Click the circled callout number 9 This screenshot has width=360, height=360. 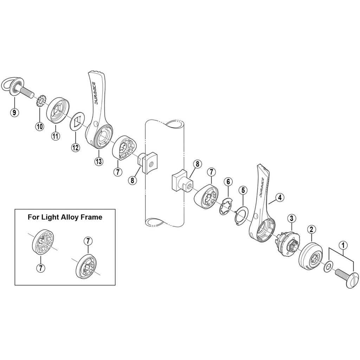pos(14,112)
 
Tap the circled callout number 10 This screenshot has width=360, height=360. pos(39,126)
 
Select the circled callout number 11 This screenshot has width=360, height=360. pos(55,136)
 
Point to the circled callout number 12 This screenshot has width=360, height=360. pos(76,147)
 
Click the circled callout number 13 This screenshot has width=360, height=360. pos(99,161)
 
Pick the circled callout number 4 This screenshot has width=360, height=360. pos(280,198)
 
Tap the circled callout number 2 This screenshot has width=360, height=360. pos(311,229)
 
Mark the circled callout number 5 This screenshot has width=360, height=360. pos(243,190)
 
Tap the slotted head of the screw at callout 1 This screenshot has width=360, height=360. pos(353,280)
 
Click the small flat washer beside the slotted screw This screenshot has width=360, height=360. pos(328,266)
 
